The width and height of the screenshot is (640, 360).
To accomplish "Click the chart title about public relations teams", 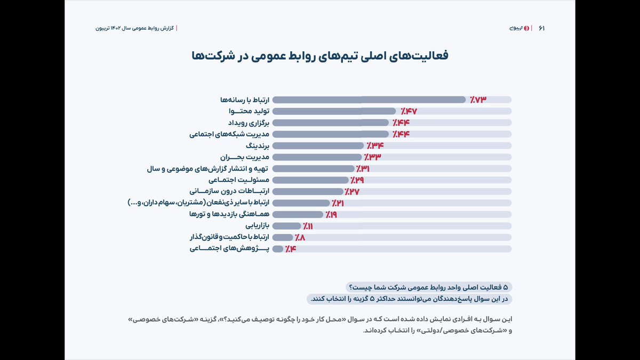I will pyautogui.click(x=319, y=56).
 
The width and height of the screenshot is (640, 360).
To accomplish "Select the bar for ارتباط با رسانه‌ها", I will pyautogui.click(x=369, y=100).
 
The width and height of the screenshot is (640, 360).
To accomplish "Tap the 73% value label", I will pyautogui.click(x=478, y=100).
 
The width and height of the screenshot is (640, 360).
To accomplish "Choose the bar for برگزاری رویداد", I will pyautogui.click(x=331, y=123).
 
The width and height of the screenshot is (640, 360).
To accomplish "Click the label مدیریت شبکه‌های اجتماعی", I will pyautogui.click(x=230, y=134).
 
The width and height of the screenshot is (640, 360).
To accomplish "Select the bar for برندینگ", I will pyautogui.click(x=318, y=146).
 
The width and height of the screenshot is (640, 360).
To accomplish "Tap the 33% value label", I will pyautogui.click(x=373, y=157).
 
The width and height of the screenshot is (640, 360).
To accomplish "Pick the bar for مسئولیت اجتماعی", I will pyautogui.click(x=310, y=180).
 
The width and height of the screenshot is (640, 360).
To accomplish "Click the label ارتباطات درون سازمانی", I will pyautogui.click(x=230, y=191).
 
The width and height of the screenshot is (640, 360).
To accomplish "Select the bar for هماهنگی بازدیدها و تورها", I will pyautogui.click(x=298, y=214).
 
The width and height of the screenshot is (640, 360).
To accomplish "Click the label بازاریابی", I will pyautogui.click(x=257, y=226).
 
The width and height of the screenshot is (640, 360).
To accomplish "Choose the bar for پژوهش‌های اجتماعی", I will pyautogui.click(x=278, y=249).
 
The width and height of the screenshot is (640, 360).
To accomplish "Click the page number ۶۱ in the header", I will pyautogui.click(x=541, y=28).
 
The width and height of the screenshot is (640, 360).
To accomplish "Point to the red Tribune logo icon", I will pyautogui.click(x=527, y=28).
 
